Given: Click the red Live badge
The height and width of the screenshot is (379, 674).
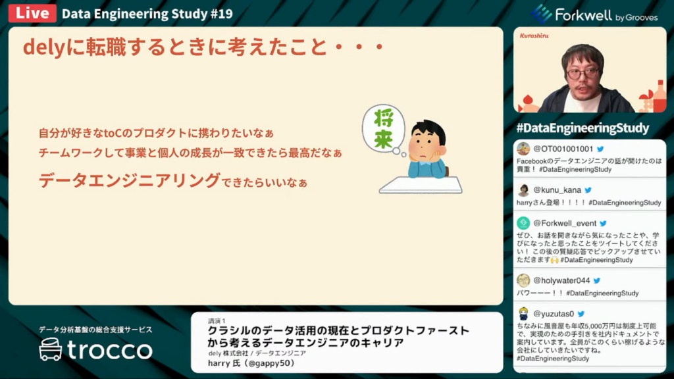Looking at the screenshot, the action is click(x=32, y=13).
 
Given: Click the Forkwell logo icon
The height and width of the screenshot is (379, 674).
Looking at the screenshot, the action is click(x=541, y=14).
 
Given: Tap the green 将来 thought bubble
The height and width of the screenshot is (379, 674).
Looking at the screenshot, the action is click(x=384, y=128).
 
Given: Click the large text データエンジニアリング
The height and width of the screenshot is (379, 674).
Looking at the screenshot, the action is click(x=130, y=180).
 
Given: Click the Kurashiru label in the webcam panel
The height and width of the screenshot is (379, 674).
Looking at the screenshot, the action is click(x=534, y=36).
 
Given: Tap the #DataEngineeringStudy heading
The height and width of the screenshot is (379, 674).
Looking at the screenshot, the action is click(x=583, y=128).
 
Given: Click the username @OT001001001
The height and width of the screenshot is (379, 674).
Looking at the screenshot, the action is click(x=563, y=149).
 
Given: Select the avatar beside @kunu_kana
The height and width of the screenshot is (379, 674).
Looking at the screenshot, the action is click(x=523, y=190).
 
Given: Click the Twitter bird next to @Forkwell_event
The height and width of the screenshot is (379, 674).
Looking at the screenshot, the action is click(x=603, y=224).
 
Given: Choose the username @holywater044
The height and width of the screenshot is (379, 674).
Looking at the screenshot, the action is click(x=561, y=280).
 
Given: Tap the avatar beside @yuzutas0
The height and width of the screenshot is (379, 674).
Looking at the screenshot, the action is click(x=523, y=314).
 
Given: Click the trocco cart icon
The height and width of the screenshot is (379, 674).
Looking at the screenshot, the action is click(x=51, y=349).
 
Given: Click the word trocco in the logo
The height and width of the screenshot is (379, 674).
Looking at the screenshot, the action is click(x=110, y=350).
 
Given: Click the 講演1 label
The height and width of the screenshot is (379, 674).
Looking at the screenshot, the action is click(x=217, y=320).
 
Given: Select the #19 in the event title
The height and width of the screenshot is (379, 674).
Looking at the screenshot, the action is click(x=222, y=14).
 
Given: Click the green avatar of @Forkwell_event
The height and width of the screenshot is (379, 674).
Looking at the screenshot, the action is click(x=523, y=223).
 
